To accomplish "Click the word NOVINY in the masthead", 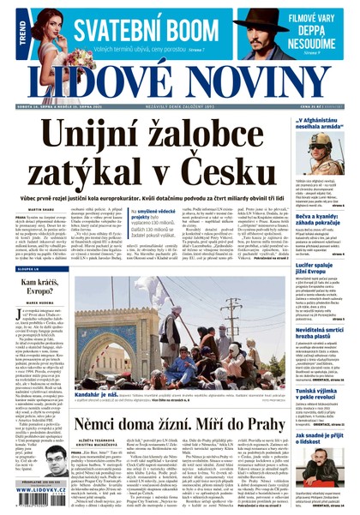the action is coord(257,81).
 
